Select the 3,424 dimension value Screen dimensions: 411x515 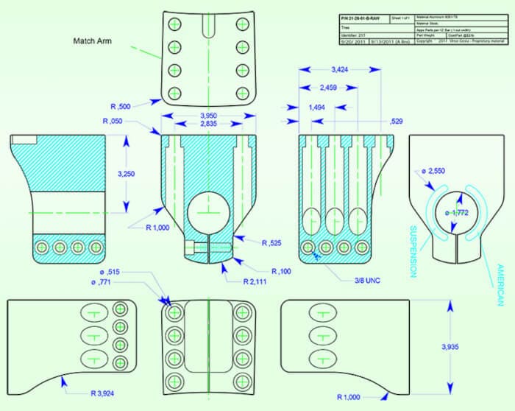click(340, 70)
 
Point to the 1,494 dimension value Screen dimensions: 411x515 click(316, 108)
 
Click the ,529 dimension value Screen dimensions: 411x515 click(396, 121)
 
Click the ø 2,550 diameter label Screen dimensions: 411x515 click(434, 172)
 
